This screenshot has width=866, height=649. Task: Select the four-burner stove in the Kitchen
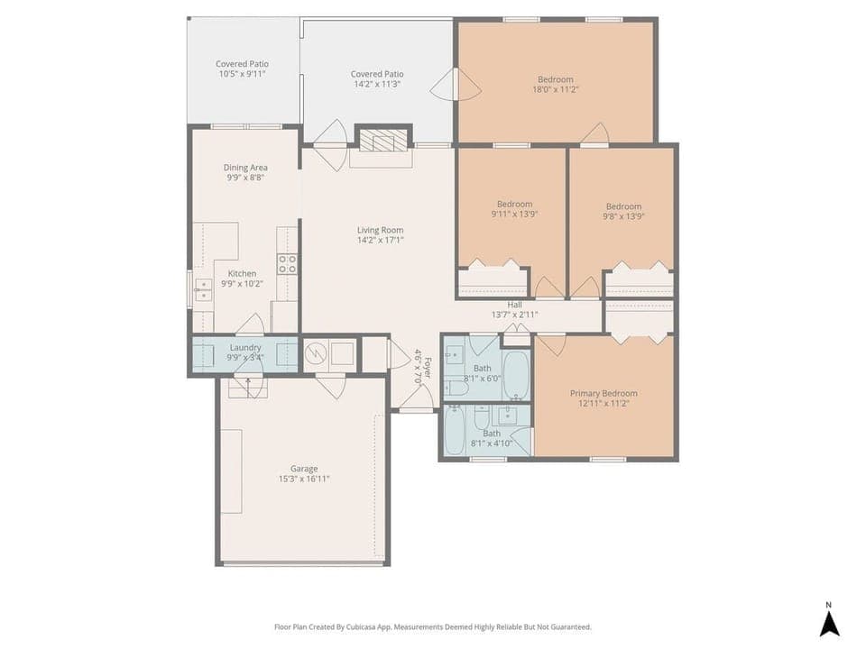coord(287,264)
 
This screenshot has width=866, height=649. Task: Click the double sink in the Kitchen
coord(204,289)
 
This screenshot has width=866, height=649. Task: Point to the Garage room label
coord(304,469)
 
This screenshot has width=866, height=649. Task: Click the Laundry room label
coord(245,347)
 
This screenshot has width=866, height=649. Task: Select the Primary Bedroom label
coord(603,393)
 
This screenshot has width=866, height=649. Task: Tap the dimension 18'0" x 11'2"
coord(557,89)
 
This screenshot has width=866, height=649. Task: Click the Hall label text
coord(514,305)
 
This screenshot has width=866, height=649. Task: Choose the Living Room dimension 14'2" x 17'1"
coord(380,240)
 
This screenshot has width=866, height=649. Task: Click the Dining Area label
coord(245,168)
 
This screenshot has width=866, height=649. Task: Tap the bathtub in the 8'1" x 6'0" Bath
coord(516,375)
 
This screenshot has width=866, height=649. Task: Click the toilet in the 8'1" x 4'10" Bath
coord(482,416)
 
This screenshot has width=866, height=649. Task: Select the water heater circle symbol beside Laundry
coord(315,354)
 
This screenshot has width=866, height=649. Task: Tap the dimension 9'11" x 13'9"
coord(514,215)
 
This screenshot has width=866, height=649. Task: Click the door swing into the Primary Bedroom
coord(551,343)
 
